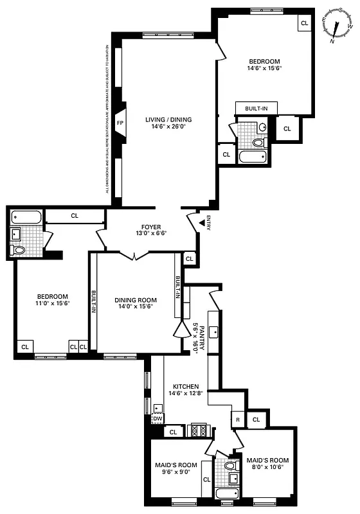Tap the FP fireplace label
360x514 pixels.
120,122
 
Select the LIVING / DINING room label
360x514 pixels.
168,120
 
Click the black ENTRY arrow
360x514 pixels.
202,222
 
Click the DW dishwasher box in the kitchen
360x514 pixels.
157,418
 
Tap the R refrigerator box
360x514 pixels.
238,420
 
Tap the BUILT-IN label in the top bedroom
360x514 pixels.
256,109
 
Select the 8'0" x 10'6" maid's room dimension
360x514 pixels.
267,467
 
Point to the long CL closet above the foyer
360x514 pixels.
75,216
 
